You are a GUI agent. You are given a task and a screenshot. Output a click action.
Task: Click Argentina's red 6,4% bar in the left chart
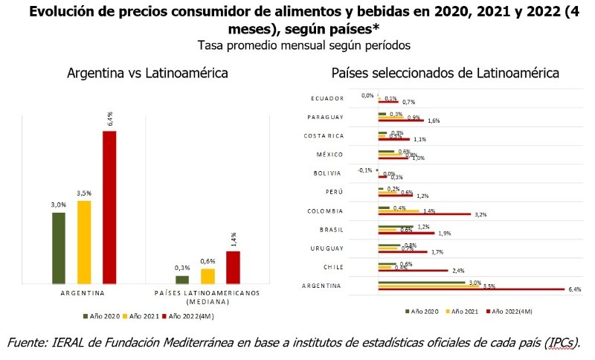[x=109, y=208]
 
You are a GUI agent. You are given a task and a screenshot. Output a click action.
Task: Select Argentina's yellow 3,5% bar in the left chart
[x=84, y=242]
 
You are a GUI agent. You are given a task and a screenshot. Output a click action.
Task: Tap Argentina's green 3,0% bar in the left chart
[x=59, y=248]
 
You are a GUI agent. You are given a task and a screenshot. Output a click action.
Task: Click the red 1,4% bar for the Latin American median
[x=233, y=268]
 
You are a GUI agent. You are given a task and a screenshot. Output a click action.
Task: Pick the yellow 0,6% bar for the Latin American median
[x=208, y=276]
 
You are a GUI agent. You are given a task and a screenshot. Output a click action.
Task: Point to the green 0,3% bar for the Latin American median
[x=182, y=280]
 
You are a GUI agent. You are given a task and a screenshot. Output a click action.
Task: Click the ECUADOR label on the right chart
[x=326, y=98]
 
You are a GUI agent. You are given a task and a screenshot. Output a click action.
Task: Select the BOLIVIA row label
[x=328, y=173]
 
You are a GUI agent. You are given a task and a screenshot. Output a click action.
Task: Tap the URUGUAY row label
[x=327, y=248]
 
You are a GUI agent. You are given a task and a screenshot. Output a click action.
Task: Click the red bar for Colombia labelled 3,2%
[x=425, y=214]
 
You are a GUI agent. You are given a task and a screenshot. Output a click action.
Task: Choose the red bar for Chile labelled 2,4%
[x=413, y=271]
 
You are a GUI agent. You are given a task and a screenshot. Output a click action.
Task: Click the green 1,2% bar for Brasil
[x=396, y=227]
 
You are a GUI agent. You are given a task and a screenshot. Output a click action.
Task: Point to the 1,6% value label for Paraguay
[x=434, y=120]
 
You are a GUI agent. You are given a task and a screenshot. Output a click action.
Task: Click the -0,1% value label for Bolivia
[x=364, y=170]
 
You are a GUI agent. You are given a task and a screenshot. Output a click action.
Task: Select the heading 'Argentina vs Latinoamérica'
[x=147, y=74]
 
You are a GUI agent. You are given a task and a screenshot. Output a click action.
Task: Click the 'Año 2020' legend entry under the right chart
[x=421, y=310]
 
